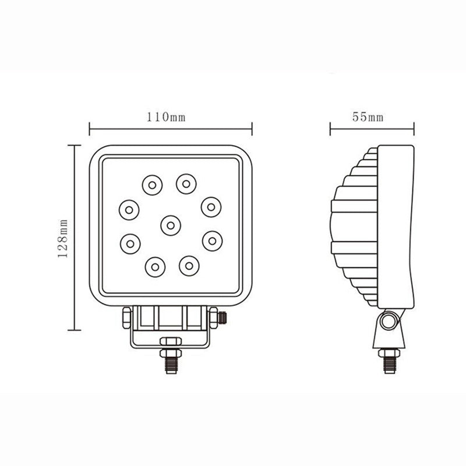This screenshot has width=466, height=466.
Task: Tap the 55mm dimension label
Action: click(x=368, y=116)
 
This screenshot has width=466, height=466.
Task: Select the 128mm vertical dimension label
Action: click(x=65, y=237)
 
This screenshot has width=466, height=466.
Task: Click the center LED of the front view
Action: click(x=170, y=225)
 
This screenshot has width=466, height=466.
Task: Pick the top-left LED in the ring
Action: click(x=151, y=185)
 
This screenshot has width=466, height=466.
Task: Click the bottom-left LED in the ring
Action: click(x=154, y=267)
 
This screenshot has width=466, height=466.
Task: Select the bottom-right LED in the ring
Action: click(x=189, y=266)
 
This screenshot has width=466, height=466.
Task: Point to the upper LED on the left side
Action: click(x=129, y=209)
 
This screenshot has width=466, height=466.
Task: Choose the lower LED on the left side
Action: click(x=130, y=242)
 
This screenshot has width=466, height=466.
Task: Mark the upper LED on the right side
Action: click(x=211, y=206)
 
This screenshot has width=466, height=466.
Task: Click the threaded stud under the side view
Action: click(x=389, y=362)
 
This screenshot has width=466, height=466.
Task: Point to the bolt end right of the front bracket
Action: click(x=222, y=317)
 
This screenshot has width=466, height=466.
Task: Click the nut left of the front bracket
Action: click(x=126, y=318)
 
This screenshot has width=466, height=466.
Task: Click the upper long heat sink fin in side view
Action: click(x=354, y=206)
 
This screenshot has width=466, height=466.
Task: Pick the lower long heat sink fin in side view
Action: click(x=354, y=248)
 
